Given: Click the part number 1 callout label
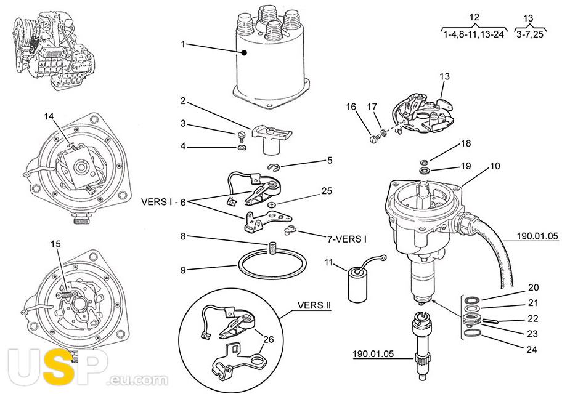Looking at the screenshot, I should (183, 44).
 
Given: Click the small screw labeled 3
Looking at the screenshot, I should (242, 135).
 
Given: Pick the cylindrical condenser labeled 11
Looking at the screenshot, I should (359, 287).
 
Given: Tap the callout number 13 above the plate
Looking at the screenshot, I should (445, 76).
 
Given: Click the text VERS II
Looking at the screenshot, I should (314, 305).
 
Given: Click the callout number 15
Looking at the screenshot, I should (55, 244).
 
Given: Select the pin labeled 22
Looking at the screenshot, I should (491, 320).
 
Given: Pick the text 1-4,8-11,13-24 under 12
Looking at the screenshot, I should (474, 34).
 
